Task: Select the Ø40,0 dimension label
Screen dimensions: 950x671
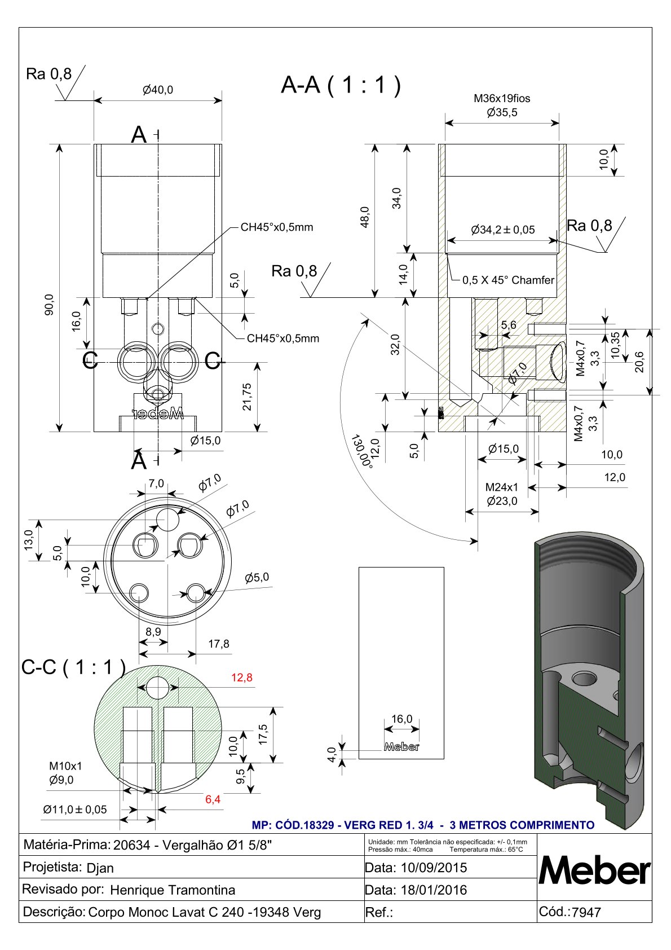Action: click(x=158, y=90)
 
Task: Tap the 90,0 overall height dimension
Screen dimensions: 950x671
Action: click(x=50, y=305)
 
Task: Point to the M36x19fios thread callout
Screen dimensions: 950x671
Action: click(x=502, y=98)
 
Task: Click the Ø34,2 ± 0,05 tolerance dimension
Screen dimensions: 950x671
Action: click(x=503, y=230)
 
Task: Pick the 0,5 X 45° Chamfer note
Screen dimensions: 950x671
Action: click(x=508, y=280)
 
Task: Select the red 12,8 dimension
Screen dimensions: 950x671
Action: click(x=242, y=678)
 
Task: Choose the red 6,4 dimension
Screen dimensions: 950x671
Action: click(x=213, y=799)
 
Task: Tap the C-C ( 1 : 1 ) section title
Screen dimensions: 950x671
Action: click(x=73, y=667)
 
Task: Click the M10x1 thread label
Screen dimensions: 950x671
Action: click(x=65, y=766)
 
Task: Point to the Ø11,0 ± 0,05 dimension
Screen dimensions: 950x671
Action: click(x=75, y=810)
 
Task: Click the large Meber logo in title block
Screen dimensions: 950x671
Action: click(x=595, y=872)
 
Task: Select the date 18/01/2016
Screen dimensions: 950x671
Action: click(x=434, y=890)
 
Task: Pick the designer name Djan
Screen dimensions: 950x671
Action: click(x=100, y=868)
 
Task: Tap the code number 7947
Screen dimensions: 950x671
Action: click(x=586, y=912)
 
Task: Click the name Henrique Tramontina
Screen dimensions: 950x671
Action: click(x=173, y=890)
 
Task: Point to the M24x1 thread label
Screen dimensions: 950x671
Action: click(x=502, y=487)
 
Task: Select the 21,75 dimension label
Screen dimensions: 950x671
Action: click(x=247, y=397)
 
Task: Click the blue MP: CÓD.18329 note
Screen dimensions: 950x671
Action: click(x=423, y=825)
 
